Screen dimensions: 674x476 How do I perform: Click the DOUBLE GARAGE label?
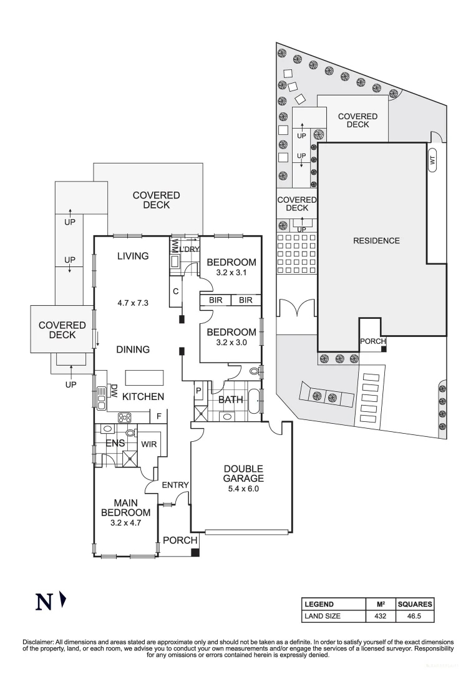click(243, 474)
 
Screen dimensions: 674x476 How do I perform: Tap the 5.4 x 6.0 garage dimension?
click(243, 489)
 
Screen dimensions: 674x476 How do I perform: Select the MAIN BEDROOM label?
click(125, 507)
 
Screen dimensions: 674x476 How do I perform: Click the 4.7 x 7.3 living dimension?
click(134, 303)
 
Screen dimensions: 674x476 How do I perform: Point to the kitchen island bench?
click(145, 378)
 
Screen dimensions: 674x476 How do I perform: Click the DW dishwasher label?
click(115, 391)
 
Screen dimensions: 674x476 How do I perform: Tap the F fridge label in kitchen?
click(159, 416)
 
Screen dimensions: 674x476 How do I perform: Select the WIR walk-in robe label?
click(148, 444)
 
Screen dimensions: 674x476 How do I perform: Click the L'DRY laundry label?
click(190, 250)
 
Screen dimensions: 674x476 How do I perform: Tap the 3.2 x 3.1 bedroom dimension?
click(231, 273)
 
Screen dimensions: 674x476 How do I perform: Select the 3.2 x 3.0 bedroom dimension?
click(231, 343)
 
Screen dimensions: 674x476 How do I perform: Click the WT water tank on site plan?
click(432, 160)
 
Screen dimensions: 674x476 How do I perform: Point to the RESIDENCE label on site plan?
click(376, 240)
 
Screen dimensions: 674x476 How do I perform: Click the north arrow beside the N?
click(62, 600)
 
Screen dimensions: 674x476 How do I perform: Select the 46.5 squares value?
click(415, 616)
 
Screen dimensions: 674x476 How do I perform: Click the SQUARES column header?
click(415, 604)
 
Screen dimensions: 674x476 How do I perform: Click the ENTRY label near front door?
click(175, 485)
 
